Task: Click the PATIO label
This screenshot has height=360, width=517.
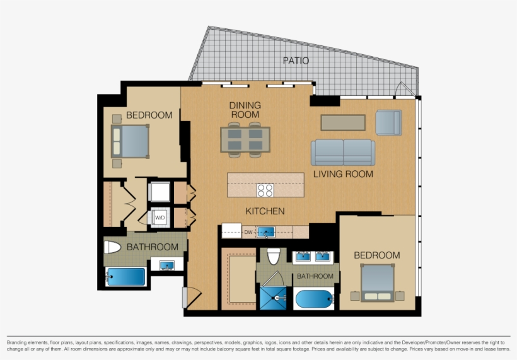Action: point(296,61)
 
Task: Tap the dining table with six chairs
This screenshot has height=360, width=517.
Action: point(245,140)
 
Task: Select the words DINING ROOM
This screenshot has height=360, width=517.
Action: point(245,110)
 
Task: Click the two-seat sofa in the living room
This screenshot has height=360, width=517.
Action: point(342,153)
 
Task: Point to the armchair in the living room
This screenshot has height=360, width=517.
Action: point(388,122)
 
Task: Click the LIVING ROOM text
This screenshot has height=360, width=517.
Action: point(343,174)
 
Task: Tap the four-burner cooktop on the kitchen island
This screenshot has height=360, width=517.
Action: point(265,190)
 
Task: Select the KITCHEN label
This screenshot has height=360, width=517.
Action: point(265,211)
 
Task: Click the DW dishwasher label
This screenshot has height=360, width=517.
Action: point(248,233)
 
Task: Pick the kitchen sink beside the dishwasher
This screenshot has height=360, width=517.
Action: point(266,232)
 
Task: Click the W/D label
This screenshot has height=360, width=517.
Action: point(160,218)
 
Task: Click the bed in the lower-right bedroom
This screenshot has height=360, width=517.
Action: point(377,281)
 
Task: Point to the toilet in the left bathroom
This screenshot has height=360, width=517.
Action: point(113,247)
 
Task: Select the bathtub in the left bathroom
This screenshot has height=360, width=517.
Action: point(126,277)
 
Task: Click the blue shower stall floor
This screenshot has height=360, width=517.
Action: point(274,298)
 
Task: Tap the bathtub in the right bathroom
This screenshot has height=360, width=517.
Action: point(315,299)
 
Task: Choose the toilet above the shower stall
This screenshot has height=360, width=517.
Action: point(274,256)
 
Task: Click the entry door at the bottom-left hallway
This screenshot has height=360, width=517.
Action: point(191,296)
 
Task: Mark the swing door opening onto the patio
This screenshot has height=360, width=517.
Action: point(404,90)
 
